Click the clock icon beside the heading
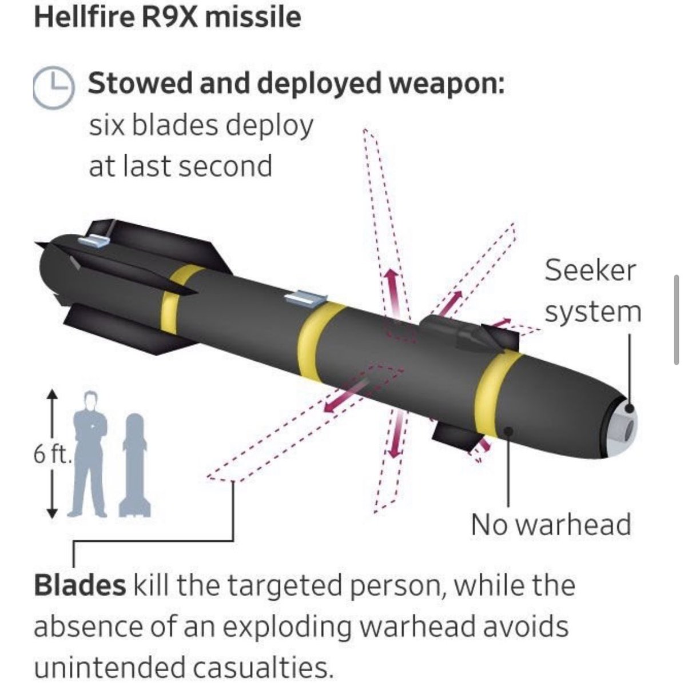pyautogui.click(x=53, y=87)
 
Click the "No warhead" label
pyautogui.click(x=551, y=524)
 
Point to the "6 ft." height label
pyautogui.click(x=51, y=455)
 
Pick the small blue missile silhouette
pyautogui.click(x=134, y=465)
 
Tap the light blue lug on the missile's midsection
pyautogui.click(x=306, y=297)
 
